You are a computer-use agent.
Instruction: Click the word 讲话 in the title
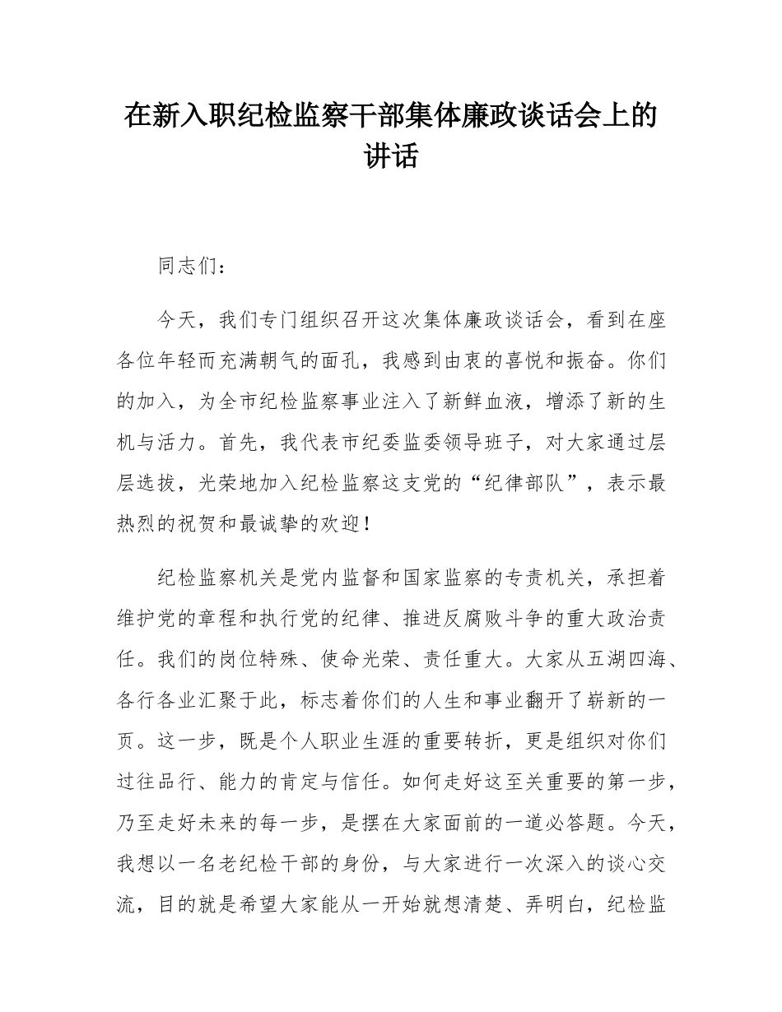tap(391, 156)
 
